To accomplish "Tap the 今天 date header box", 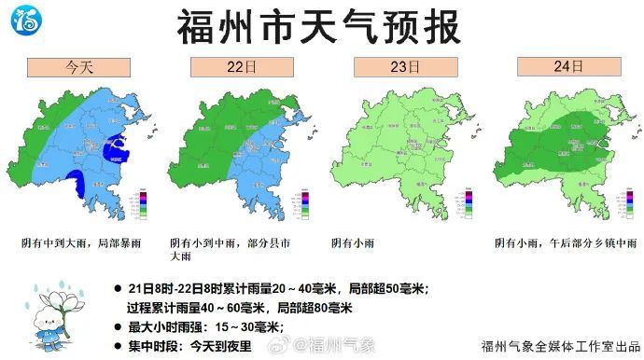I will [77, 67].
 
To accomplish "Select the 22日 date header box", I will [241, 67].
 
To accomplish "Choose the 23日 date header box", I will [402, 67].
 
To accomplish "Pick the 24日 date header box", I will [567, 67].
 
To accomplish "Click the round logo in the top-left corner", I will [26, 18].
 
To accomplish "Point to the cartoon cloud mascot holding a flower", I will [49, 318].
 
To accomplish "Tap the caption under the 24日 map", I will [561, 242].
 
